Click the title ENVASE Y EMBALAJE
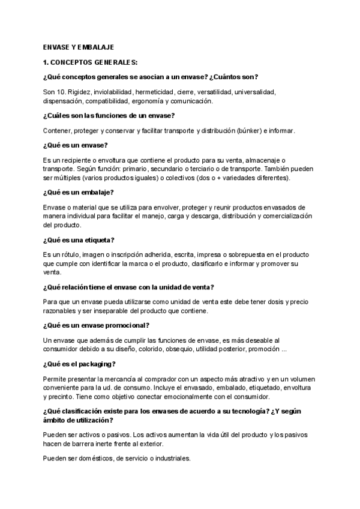tap(79, 47)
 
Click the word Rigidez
tap(81, 92)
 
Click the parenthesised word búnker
tap(250, 130)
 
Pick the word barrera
tap(88, 444)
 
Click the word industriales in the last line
tap(169, 459)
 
